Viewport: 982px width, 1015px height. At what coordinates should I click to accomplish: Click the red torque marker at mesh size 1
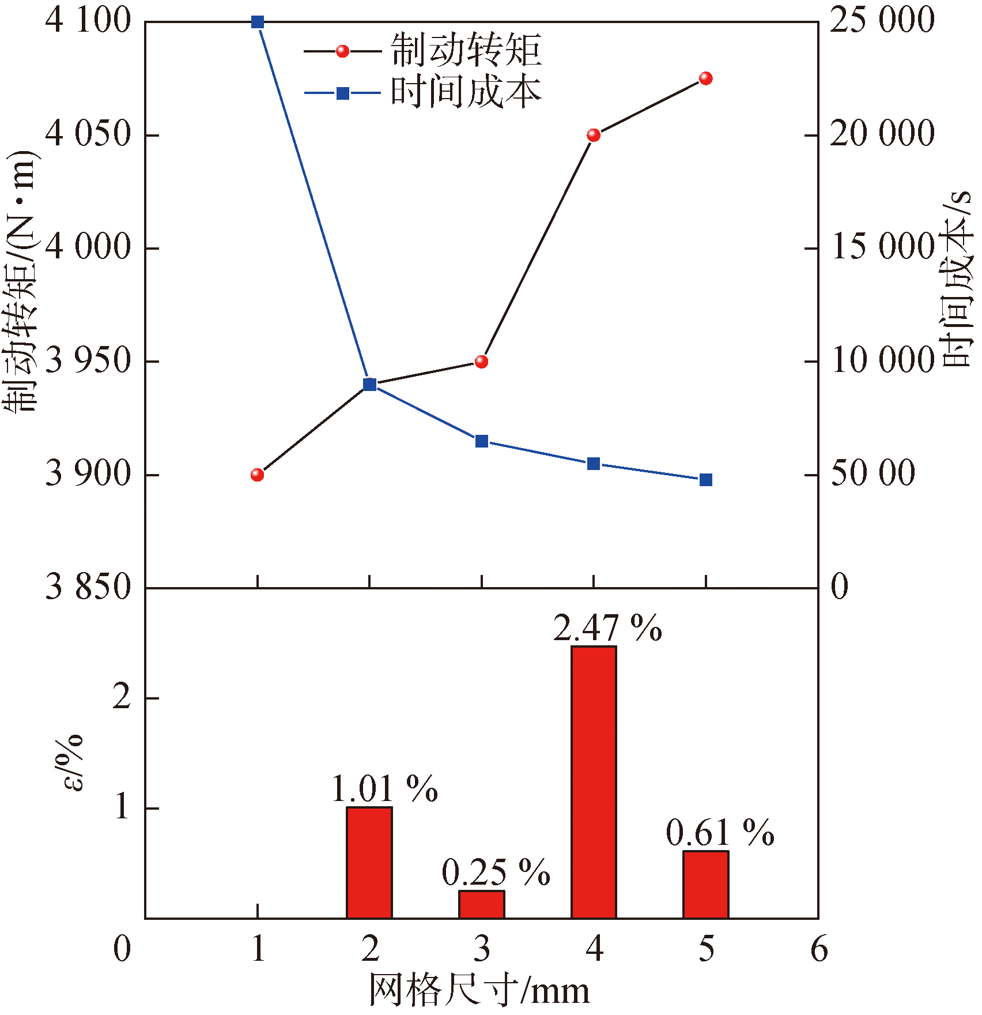(x=258, y=475)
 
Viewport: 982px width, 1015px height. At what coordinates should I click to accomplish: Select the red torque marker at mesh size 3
(x=482, y=362)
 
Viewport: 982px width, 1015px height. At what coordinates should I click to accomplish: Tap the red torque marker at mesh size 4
(x=594, y=135)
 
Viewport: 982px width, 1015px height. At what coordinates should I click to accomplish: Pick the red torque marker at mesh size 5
(x=706, y=78)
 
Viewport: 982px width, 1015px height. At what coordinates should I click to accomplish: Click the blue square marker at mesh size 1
(x=258, y=22)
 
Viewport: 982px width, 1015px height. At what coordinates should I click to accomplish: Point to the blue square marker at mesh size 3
(x=482, y=441)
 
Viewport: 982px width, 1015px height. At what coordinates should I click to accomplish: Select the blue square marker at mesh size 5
(x=706, y=480)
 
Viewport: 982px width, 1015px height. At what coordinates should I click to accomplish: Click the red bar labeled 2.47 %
(x=594, y=781)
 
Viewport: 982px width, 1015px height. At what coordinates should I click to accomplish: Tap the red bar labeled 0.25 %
(x=482, y=904)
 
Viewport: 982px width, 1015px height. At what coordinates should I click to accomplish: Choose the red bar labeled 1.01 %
(x=369, y=862)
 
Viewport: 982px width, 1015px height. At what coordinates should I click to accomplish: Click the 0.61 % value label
(x=720, y=833)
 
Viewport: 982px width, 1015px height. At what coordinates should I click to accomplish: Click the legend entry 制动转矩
(x=466, y=51)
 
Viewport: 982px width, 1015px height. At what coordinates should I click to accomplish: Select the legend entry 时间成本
(x=466, y=92)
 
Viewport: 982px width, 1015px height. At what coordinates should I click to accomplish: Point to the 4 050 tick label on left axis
(x=88, y=135)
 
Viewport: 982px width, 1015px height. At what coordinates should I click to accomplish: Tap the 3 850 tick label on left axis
(x=88, y=587)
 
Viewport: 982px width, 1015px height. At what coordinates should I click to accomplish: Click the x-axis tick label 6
(x=818, y=949)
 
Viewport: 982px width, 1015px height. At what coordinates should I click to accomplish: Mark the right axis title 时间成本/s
(x=957, y=279)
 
